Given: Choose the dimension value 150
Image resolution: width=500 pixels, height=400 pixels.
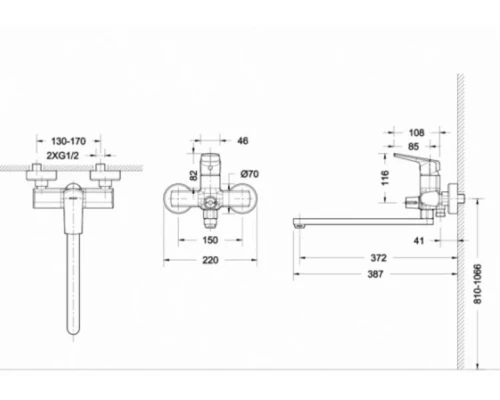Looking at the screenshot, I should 211,241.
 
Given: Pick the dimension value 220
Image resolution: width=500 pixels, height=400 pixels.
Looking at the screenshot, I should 211,261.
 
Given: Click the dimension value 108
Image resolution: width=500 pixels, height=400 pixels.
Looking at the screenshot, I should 418,131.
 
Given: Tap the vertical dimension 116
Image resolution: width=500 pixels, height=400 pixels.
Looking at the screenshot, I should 385,177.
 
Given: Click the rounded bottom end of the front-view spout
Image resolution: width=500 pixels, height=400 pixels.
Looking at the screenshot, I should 72,329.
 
